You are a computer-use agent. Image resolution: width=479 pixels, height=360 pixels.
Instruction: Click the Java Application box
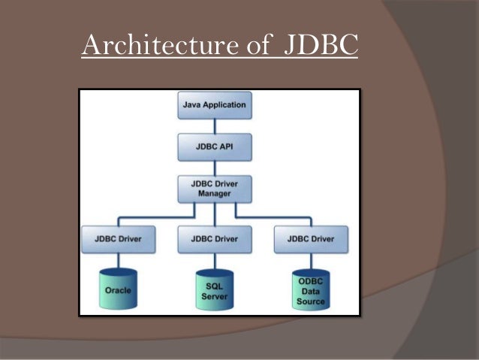[214, 105]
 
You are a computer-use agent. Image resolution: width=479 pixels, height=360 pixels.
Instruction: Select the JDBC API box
[214, 147]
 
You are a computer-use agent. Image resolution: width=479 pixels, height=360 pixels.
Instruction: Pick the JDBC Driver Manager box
[214, 188]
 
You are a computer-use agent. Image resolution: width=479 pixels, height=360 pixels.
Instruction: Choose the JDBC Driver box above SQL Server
[214, 239]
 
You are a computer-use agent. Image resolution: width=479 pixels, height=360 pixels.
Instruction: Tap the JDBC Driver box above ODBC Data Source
[310, 239]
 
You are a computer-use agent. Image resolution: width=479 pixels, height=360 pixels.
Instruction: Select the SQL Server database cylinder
[214, 289]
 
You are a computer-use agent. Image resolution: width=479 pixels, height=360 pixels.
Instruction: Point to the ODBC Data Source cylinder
[310, 289]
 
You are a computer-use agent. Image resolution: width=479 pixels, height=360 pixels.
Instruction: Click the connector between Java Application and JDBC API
[214, 126]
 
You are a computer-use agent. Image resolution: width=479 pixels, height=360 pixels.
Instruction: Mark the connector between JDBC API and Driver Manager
[214, 167]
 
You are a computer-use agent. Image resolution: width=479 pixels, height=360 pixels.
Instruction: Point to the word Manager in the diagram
[214, 193]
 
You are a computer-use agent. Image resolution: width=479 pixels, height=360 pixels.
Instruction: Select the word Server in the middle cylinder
[214, 296]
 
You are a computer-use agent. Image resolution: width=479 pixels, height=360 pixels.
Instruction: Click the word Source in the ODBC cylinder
[310, 301]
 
